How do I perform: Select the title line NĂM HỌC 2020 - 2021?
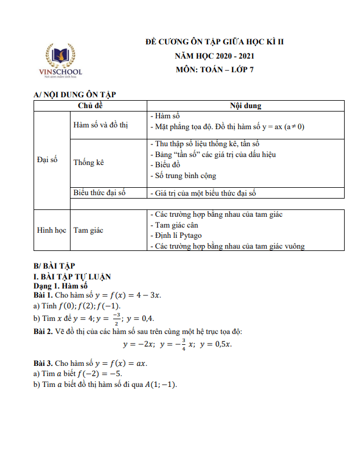(214, 56)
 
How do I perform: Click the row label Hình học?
(51, 230)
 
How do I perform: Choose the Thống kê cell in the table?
(90, 162)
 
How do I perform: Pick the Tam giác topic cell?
(88, 230)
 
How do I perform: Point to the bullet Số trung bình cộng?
(185, 176)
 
